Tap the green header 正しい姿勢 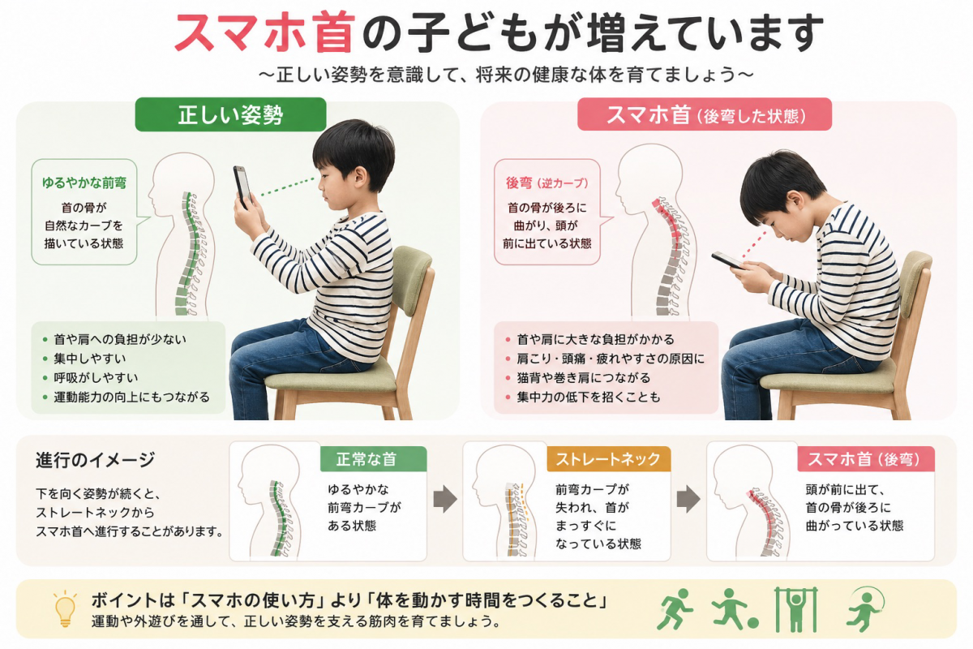tap(230, 114)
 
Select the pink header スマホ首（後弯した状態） tap(705, 114)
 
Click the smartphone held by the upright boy tap(242, 187)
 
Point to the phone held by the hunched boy tap(727, 260)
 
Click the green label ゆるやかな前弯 tap(84, 183)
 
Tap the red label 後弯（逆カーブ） tap(547, 183)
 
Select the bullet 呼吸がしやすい tap(96, 378)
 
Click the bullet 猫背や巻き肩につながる tap(583, 378)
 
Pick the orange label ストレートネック tap(609, 459)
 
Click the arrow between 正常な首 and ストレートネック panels tap(445, 499)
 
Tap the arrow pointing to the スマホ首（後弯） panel tap(688, 499)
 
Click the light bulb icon tap(65, 609)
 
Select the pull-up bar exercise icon tap(796, 609)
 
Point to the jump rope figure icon tap(864, 609)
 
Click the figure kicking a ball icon tap(735, 609)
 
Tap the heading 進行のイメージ tap(95, 460)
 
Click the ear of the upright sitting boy tap(359, 175)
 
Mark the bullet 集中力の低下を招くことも tap(589, 397)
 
